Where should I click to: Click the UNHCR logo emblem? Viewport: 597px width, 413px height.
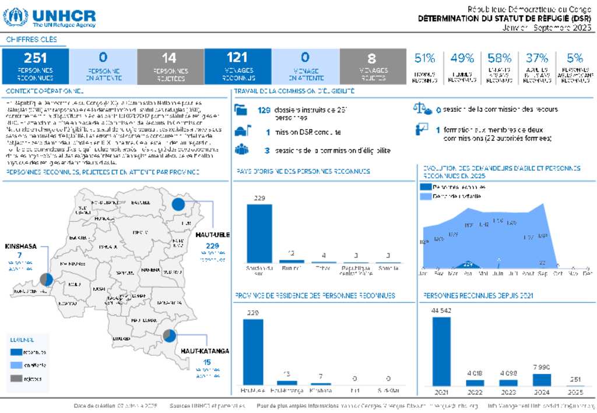coord(15,17)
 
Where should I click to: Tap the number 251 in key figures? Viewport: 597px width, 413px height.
coord(36,58)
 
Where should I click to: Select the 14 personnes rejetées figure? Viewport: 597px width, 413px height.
coord(169,58)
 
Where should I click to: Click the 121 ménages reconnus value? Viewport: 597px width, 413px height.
coord(237,58)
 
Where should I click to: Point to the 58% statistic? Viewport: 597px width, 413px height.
coord(500,58)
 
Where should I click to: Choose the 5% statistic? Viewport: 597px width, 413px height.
coord(575,58)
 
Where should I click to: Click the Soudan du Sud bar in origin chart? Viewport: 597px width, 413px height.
coord(259,233)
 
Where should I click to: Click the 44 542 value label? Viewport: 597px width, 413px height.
coord(442,310)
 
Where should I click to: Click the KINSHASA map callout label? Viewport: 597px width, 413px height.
coord(20,246)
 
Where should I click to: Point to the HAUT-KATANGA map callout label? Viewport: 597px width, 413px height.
coord(205,351)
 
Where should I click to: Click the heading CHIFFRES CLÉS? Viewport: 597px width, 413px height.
coord(32,40)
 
